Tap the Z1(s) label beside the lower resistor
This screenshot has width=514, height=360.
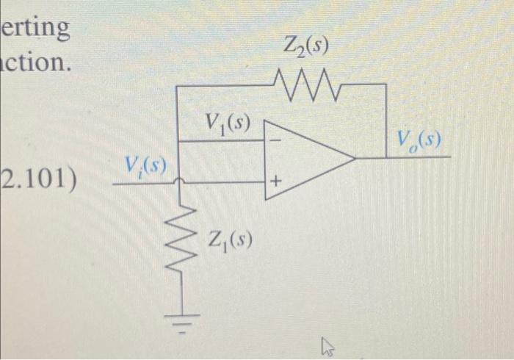pyautogui.click(x=231, y=240)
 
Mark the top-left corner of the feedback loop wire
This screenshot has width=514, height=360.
pyautogui.click(x=178, y=85)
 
